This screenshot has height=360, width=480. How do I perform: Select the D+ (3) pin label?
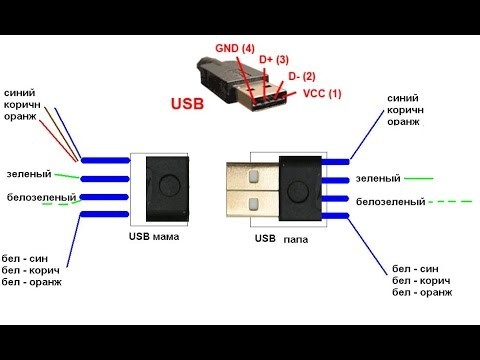tap(273, 60)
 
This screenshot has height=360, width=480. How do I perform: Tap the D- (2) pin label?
tap(301, 76)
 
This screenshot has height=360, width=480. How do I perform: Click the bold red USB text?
tap(190, 103)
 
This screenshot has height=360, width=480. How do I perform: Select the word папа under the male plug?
tap(296, 239)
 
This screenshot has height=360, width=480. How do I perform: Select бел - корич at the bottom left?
tap(32, 271)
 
